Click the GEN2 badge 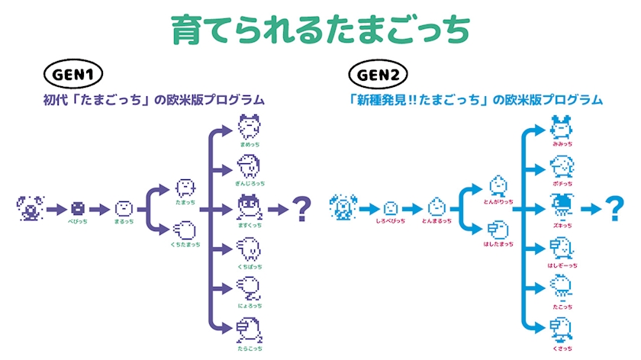point(379,75)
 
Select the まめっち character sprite point(250,124)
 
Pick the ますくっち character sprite point(250,205)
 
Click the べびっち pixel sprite point(77,207)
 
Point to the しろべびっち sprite point(390,207)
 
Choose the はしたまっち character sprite point(498,228)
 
